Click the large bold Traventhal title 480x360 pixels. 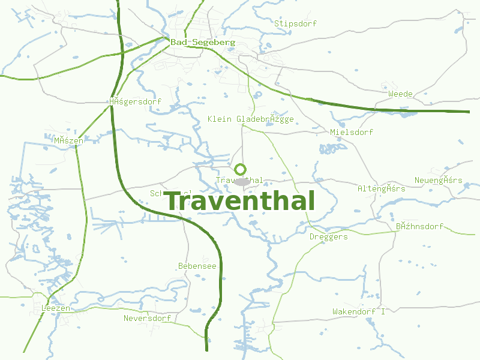pyautogui.click(x=239, y=202)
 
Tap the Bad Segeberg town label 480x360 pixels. pyautogui.click(x=202, y=43)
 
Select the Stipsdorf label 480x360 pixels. pyautogui.click(x=295, y=23)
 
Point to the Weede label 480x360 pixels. pyautogui.click(x=400, y=94)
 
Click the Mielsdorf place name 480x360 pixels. pyautogui.click(x=352, y=132)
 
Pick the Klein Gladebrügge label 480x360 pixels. pyautogui.click(x=250, y=119)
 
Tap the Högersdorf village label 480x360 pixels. pyautogui.click(x=135, y=101)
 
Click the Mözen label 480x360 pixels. pyautogui.click(x=68, y=140)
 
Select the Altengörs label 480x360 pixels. pyautogui.click(x=381, y=188)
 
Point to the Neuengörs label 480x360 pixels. pyautogui.click(x=438, y=181)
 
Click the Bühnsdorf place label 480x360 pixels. pyautogui.click(x=419, y=226)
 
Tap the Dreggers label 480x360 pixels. pyautogui.click(x=328, y=237)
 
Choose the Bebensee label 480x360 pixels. pyautogui.click(x=197, y=266)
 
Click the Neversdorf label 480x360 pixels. pyautogui.click(x=147, y=318)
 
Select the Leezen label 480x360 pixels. pyautogui.click(x=56, y=308)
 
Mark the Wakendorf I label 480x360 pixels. pyautogui.click(x=359, y=311)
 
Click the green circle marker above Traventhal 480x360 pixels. pyautogui.click(x=240, y=169)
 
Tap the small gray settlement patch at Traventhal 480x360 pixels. pyautogui.click(x=242, y=181)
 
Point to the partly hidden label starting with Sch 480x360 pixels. pyautogui.click(x=157, y=193)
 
